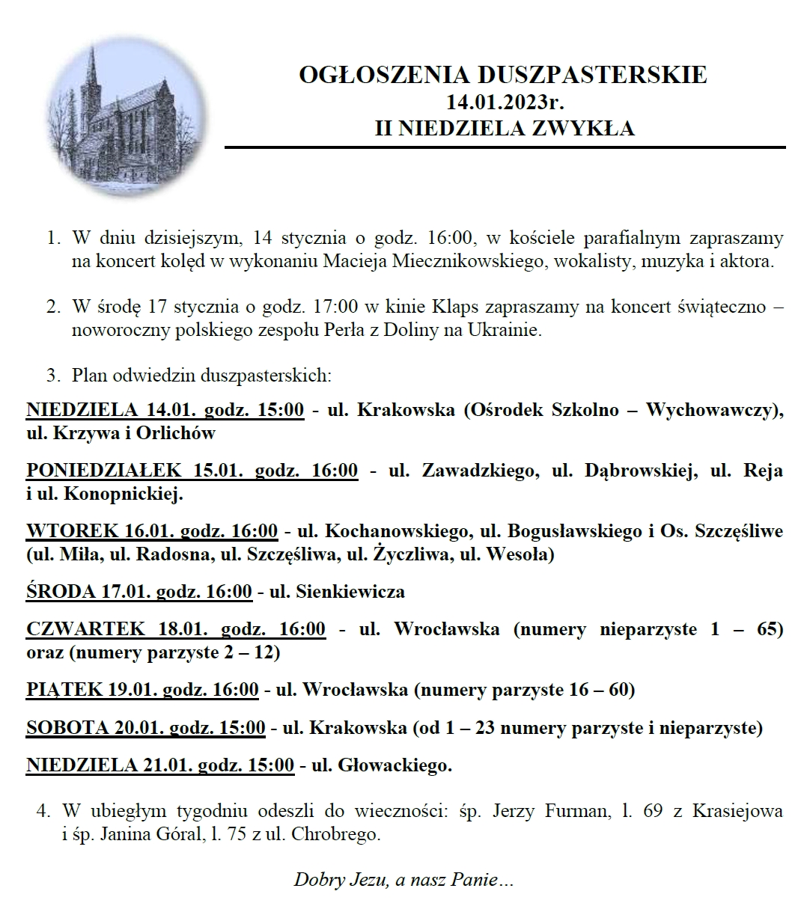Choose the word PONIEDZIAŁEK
[x=103, y=471]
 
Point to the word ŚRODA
[x=60, y=592]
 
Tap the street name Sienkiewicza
[x=350, y=592]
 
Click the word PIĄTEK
[x=64, y=689]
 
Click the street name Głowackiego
[x=395, y=765]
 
